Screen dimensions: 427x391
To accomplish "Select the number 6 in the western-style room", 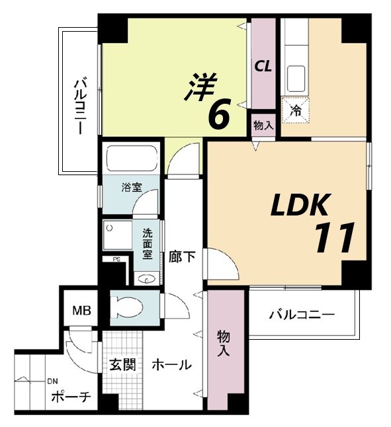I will [218, 115].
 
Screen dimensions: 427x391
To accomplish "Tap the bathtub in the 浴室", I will [131, 159].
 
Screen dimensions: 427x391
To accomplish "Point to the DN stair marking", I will [52, 381].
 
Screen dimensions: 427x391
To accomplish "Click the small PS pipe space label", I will [116, 260].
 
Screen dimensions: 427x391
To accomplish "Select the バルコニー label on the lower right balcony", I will [302, 315].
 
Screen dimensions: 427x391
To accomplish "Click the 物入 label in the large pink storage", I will [223, 344].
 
